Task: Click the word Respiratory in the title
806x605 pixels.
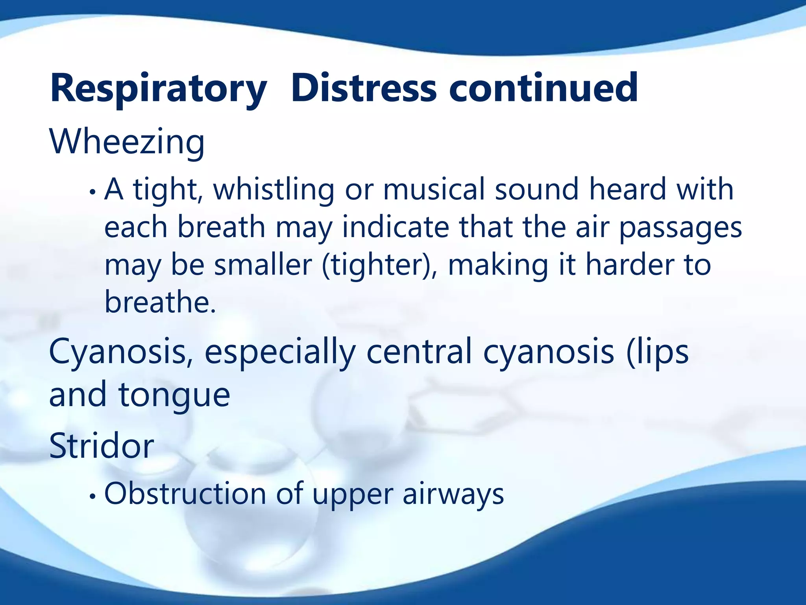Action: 158,89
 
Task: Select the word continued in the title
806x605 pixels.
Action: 543,89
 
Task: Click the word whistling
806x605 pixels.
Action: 274,190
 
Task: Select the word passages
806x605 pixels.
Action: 680,228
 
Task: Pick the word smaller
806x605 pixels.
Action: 263,265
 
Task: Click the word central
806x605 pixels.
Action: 419,352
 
